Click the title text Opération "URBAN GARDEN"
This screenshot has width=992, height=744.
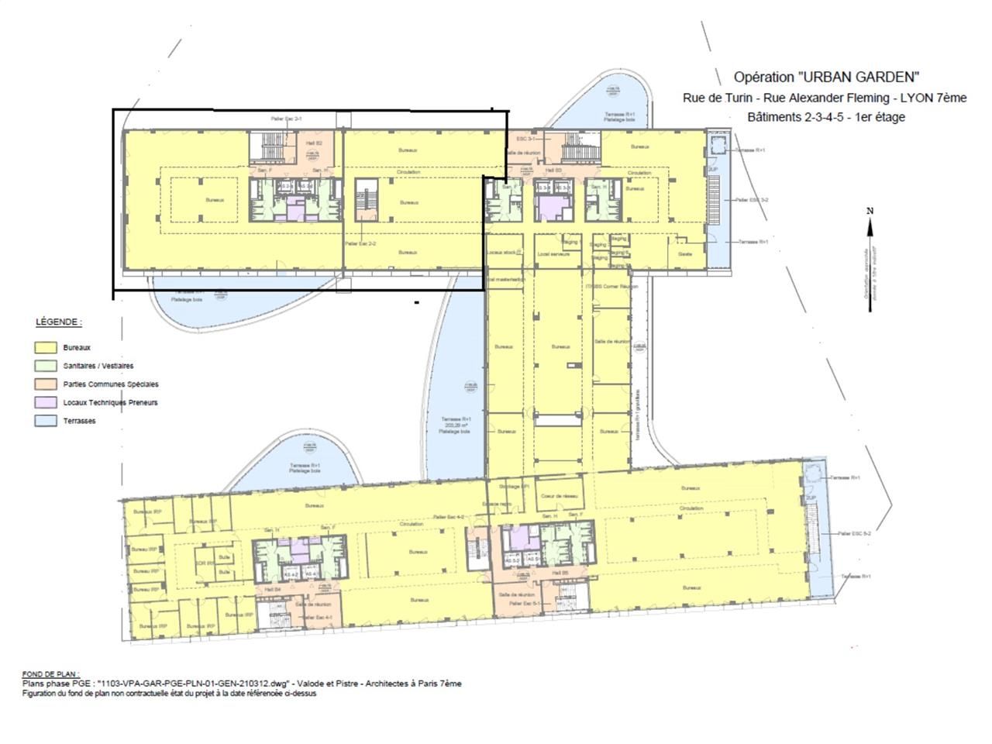(x=826, y=77)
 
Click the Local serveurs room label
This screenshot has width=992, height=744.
(x=555, y=254)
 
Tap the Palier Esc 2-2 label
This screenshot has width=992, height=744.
(x=360, y=244)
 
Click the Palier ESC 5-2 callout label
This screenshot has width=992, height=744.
(x=855, y=534)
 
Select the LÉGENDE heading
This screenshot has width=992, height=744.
(x=58, y=322)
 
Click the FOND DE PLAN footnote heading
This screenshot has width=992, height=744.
(x=50, y=675)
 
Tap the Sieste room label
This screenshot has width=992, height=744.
(x=685, y=254)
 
